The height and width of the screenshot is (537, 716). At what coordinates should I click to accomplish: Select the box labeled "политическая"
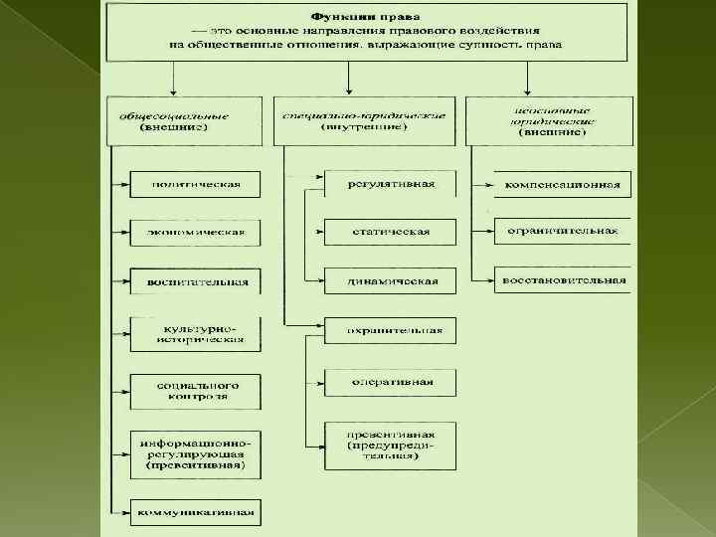(194, 184)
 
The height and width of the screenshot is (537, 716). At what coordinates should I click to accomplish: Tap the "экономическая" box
(194, 233)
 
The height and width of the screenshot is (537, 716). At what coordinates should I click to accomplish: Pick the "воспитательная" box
(194, 281)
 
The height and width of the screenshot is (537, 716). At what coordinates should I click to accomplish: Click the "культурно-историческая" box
(194, 333)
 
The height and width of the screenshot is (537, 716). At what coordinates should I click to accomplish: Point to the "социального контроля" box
(194, 390)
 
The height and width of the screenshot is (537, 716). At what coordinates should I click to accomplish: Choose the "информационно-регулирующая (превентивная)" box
(194, 452)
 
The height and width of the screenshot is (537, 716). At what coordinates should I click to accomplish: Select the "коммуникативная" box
(194, 513)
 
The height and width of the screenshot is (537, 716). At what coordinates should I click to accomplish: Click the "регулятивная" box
(391, 184)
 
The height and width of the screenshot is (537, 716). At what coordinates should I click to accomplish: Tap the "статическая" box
(391, 232)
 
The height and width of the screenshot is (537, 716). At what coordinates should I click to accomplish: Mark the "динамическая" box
(391, 280)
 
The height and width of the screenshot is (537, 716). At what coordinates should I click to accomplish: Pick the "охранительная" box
(391, 330)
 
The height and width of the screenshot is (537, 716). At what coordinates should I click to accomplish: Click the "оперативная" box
(391, 382)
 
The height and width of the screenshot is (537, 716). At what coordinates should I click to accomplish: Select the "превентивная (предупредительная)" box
(391, 446)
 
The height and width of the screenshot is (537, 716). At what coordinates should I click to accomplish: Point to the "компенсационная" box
(563, 184)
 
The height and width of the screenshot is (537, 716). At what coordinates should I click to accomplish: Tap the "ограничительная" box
(563, 232)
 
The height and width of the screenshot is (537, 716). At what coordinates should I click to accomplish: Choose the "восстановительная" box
(563, 279)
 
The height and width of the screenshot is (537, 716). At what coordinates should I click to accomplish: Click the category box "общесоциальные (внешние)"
(184, 121)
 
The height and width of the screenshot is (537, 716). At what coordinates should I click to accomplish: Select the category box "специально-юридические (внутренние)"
(364, 121)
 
